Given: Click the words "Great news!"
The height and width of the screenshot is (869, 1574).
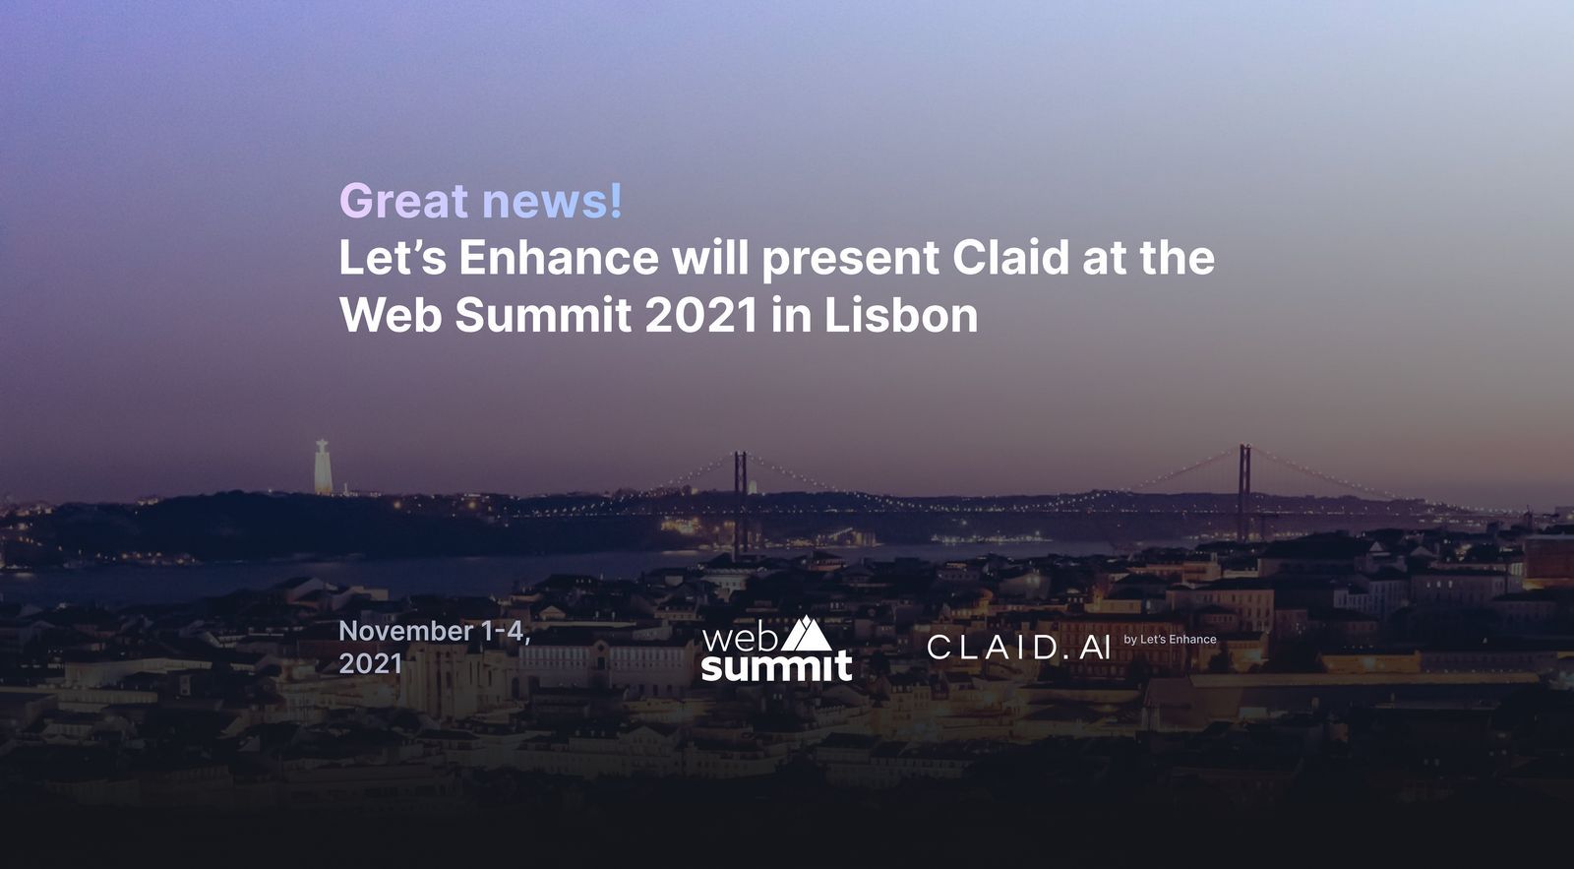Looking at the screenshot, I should (x=481, y=201).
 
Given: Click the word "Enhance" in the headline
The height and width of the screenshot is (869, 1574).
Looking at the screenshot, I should (x=559, y=259).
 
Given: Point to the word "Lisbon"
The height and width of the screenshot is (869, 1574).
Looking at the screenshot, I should (x=900, y=316).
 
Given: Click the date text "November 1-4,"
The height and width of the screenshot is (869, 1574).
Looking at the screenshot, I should (x=434, y=631).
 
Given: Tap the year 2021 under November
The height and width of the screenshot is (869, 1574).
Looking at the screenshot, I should (x=370, y=663).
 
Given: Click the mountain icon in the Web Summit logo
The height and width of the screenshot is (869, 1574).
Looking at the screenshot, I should (x=807, y=634).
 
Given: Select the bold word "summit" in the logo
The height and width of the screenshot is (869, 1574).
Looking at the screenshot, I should (x=776, y=667).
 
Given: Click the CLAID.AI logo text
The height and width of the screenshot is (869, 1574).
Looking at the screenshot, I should (x=1018, y=648).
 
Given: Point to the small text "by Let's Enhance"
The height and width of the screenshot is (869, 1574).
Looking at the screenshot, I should (x=1170, y=640).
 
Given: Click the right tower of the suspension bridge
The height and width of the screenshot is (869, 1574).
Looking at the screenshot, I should (x=1244, y=490).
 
